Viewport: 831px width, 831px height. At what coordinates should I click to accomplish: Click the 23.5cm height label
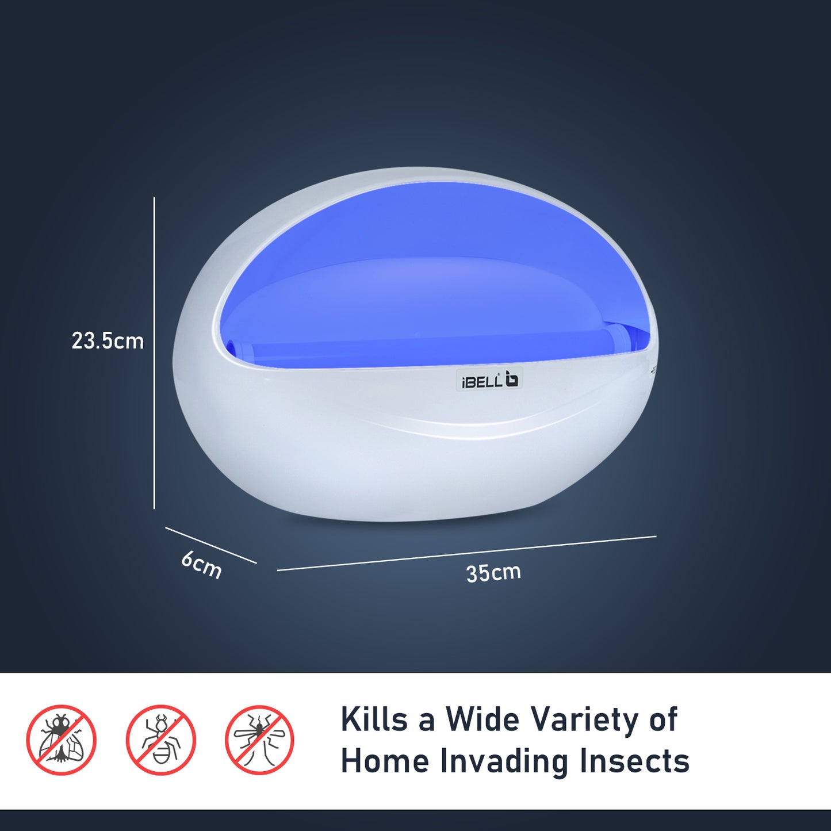pos(108,341)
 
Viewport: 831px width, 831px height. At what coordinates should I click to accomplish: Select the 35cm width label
pos(493,573)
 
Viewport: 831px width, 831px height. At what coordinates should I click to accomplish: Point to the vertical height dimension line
pos(154,353)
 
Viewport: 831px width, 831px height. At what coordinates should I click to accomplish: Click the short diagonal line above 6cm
pos(210,545)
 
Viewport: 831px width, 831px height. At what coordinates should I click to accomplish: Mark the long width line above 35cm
pos(466,553)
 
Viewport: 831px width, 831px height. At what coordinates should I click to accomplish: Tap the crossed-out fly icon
pos(61,740)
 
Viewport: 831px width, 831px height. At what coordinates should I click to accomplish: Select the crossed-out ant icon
pos(161,740)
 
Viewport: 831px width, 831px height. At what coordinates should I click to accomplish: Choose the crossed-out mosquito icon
pos(259,740)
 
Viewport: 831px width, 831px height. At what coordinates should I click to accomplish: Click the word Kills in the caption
pos(374,719)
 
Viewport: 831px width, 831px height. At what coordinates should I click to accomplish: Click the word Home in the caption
pos(385,761)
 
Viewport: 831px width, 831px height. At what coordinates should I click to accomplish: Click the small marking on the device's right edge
pos(654,371)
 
